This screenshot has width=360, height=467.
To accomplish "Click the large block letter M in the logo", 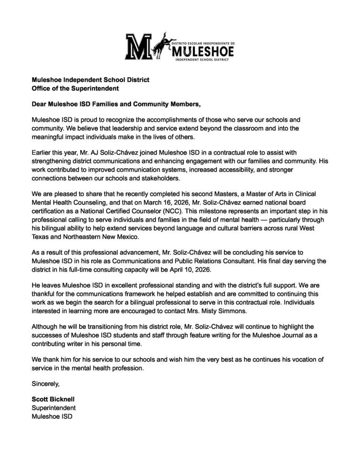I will pos(139,47).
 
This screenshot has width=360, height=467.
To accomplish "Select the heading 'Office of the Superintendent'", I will pos(75,88).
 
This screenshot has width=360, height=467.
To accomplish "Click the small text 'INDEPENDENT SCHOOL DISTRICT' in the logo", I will pos(202,59).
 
